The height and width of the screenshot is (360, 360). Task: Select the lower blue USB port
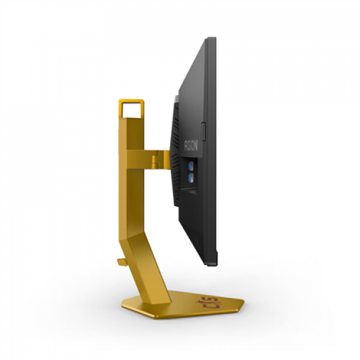coord(191,176)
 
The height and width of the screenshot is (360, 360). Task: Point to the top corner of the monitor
coord(211,39)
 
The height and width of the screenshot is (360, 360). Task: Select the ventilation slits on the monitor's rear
coord(178,131)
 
